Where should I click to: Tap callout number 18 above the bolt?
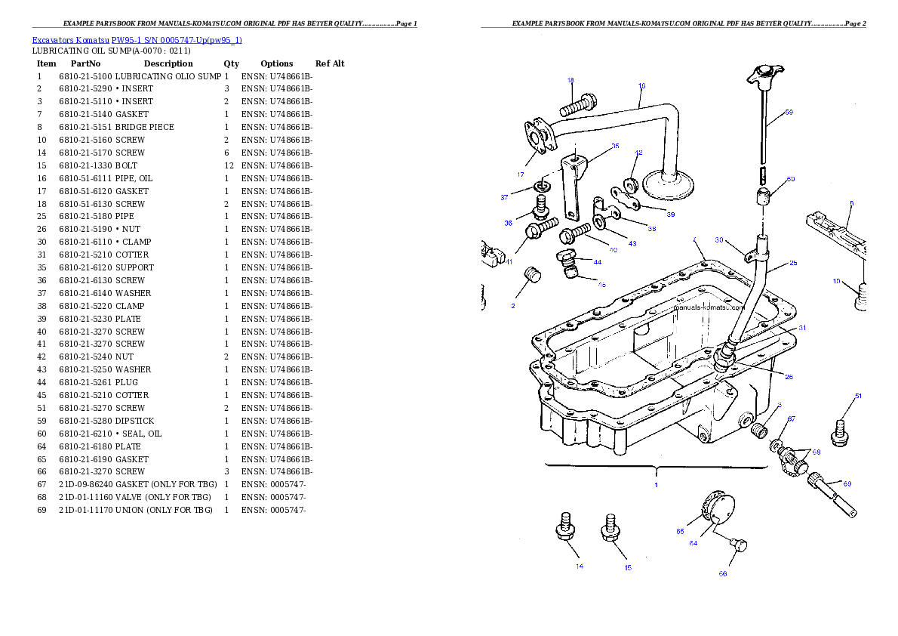pyautogui.click(x=570, y=80)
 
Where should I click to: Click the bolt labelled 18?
pyautogui.click(x=577, y=104)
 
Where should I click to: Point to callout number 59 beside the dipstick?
pyautogui.click(x=788, y=113)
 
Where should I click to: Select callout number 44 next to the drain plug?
pyautogui.click(x=597, y=262)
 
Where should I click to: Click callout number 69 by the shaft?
pyautogui.click(x=847, y=484)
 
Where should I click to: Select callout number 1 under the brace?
pyautogui.click(x=656, y=484)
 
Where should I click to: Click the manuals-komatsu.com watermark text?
pyautogui.click(x=708, y=308)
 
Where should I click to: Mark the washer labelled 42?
pyautogui.click(x=630, y=184)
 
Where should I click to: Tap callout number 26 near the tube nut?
pyautogui.click(x=788, y=377)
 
